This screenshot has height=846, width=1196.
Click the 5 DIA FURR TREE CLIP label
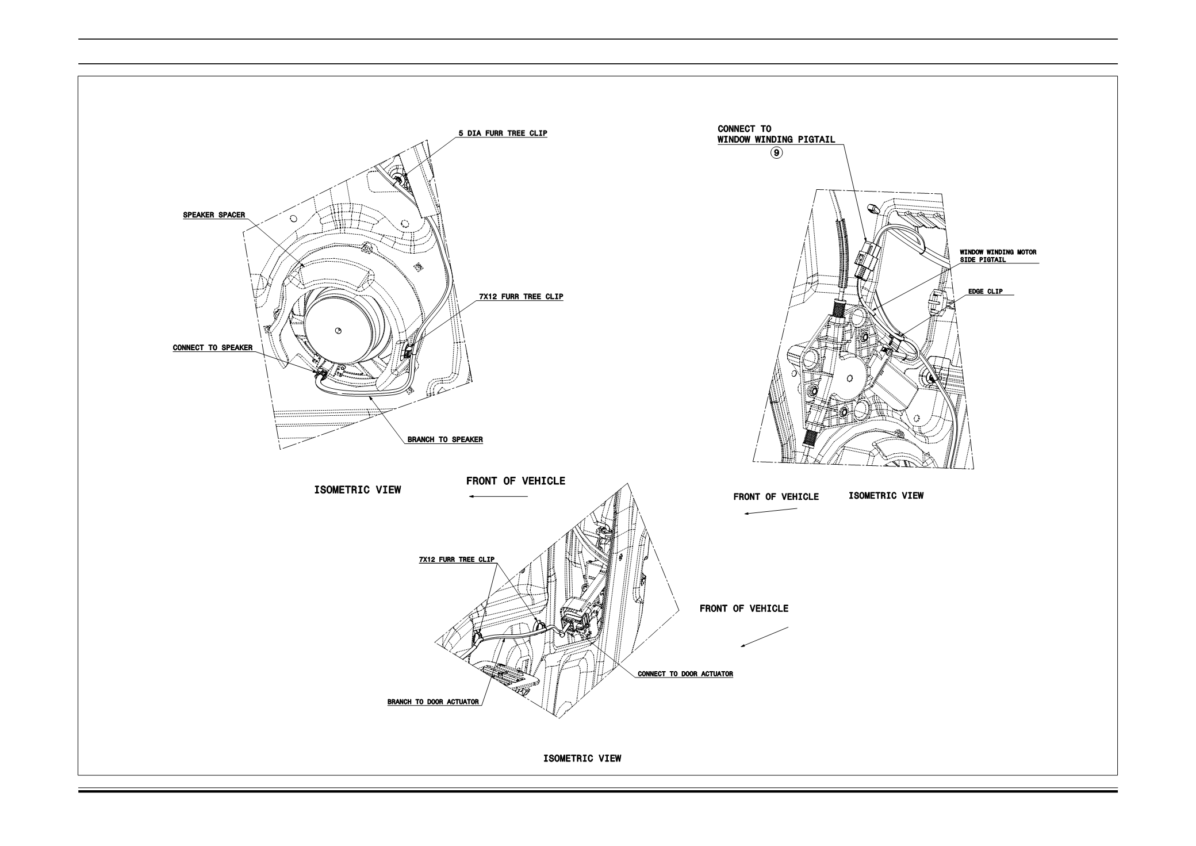click(x=503, y=133)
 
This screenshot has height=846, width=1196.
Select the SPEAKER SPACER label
click(x=214, y=215)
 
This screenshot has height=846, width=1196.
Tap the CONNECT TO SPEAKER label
click(x=213, y=348)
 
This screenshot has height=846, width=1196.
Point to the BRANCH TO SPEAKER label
click(x=445, y=440)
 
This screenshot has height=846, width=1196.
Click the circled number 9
click(x=777, y=153)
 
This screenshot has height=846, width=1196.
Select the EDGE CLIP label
click(x=985, y=292)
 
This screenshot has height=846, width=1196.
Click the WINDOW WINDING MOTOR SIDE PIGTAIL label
click(x=998, y=256)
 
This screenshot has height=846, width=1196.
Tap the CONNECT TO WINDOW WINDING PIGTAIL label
click(x=776, y=134)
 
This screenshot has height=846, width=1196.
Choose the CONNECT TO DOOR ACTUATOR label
click(x=685, y=674)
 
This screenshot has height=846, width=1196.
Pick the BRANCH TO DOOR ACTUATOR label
click(x=433, y=702)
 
